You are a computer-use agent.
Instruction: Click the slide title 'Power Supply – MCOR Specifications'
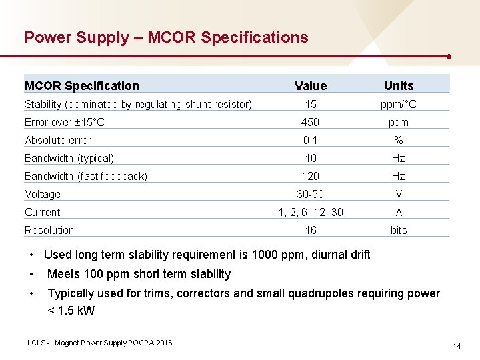tap(166, 37)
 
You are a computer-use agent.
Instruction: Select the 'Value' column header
tap(311, 85)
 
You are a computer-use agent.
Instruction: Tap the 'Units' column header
tap(399, 85)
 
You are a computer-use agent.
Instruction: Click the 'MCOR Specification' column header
tap(82, 85)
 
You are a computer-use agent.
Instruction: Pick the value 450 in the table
tap(311, 122)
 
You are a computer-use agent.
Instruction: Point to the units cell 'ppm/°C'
tap(399, 104)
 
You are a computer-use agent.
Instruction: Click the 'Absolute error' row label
tap(58, 140)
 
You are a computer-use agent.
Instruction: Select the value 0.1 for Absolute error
tap(311, 140)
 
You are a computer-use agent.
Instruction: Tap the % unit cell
tap(399, 140)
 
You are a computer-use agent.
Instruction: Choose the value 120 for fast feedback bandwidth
tap(311, 176)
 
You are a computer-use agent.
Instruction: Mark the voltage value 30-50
tap(311, 194)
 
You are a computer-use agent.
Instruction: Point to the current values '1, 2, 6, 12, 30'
tap(311, 212)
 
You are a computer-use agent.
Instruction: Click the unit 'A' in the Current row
tap(399, 212)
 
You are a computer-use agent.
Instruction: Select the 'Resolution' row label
tap(49, 230)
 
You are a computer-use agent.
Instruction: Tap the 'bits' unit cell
tap(399, 230)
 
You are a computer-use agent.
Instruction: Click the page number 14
tap(457, 346)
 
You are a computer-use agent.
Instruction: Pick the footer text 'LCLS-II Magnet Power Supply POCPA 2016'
tap(100, 343)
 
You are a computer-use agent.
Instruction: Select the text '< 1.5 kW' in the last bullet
tap(71, 311)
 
